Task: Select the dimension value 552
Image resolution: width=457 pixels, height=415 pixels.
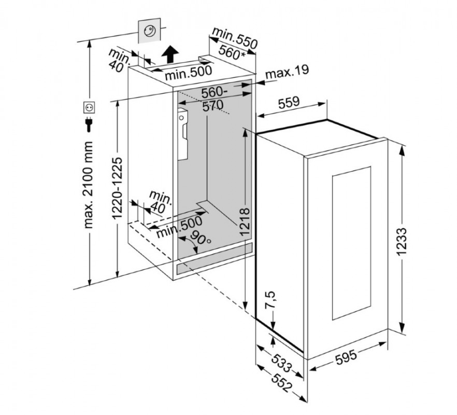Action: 279,382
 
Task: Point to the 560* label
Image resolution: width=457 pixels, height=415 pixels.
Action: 232,52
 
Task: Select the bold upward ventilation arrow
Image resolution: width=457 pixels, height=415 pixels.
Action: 169,52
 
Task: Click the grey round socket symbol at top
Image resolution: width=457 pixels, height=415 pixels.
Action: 149,32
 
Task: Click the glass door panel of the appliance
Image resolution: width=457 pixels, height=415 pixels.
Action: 351,242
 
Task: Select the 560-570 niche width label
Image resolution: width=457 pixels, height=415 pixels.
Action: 211,99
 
